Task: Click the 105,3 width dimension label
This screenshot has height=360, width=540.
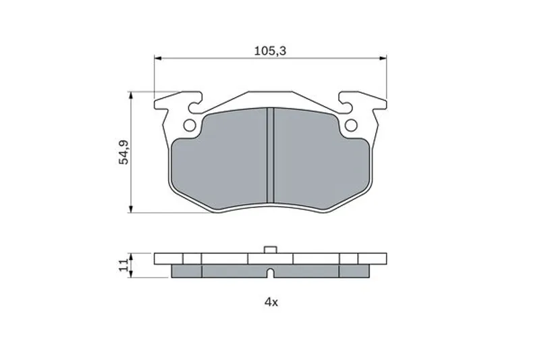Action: click(x=271, y=51)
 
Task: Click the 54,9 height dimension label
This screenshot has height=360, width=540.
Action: click(x=124, y=152)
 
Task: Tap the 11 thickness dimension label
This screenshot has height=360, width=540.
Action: click(x=124, y=265)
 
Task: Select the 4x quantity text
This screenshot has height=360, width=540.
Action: click(x=271, y=303)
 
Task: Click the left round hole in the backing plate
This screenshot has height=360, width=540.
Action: click(x=190, y=126)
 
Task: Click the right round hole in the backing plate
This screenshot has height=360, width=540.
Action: click(x=351, y=126)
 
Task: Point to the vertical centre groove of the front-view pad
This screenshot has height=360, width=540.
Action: click(x=271, y=155)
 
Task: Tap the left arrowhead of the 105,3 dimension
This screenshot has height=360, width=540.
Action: click(x=158, y=58)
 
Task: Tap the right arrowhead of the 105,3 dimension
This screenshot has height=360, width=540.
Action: click(x=383, y=58)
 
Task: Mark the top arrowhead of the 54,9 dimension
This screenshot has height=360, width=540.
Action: click(x=130, y=96)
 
